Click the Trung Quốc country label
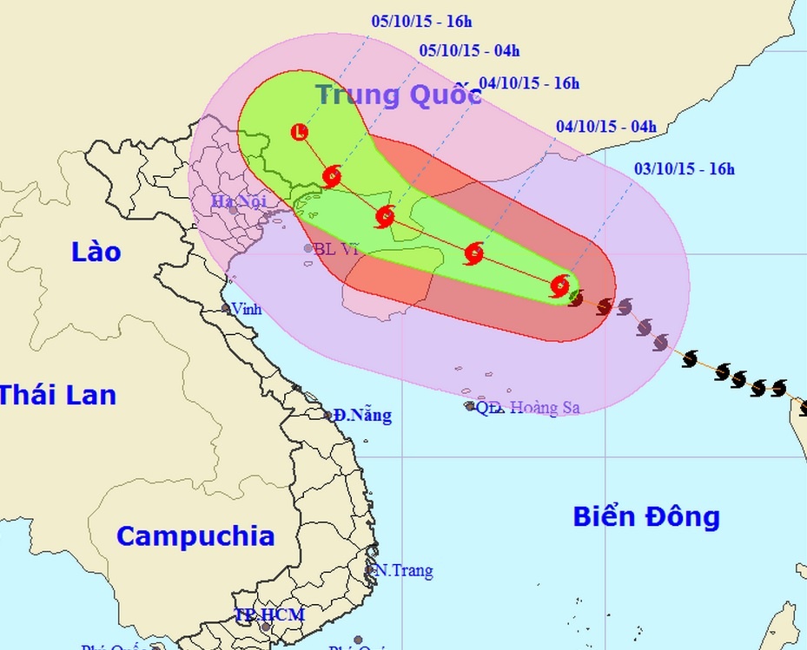[398, 95]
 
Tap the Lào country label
[96, 253]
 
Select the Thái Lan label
[57, 395]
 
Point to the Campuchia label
[195, 535]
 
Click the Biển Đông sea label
[646, 517]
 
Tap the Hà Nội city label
[236, 202]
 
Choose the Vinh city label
[247, 309]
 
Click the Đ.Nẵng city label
[363, 416]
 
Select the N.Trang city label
[403, 571]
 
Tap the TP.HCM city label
[270, 615]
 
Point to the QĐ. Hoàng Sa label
[527, 407]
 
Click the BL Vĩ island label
[335, 249]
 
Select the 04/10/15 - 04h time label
[606, 127]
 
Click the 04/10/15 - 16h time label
[528, 83]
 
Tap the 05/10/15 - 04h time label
[469, 50]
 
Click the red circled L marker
[300, 132]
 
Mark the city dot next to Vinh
[226, 308]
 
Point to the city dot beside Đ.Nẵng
[329, 416]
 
